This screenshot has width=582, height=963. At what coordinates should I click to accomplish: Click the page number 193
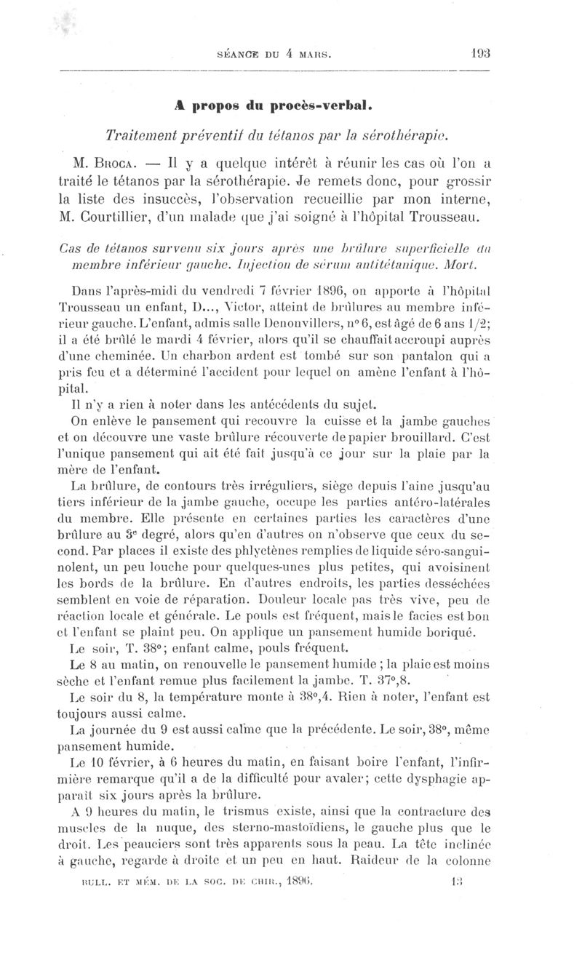pos(480,52)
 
